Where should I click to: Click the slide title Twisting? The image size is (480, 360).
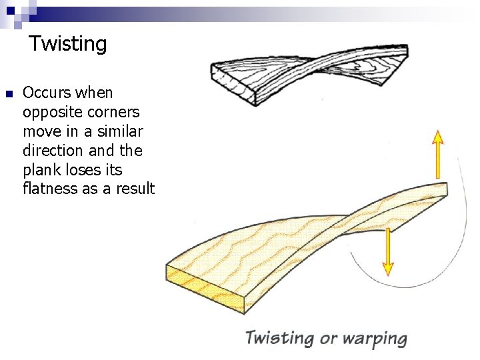(x=67, y=45)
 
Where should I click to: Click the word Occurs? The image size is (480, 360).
(x=49, y=93)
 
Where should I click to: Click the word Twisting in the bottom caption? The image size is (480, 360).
(x=280, y=337)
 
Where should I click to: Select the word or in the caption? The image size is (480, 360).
(x=329, y=339)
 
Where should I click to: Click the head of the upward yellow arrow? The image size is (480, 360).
(x=437, y=137)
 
